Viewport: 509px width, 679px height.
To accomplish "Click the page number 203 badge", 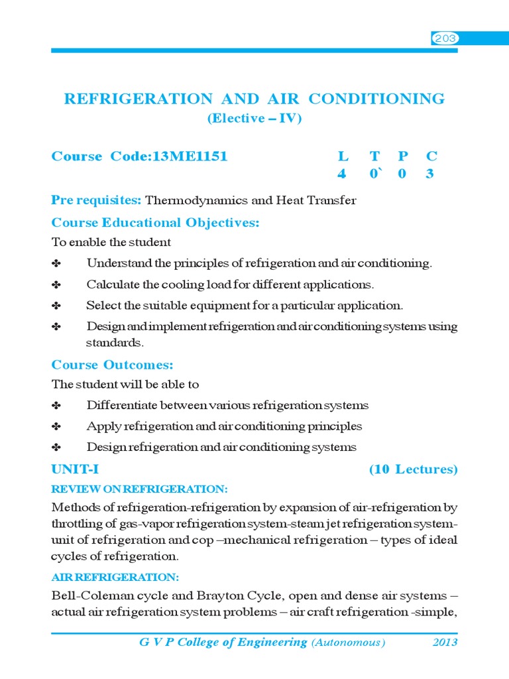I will click(x=445, y=39).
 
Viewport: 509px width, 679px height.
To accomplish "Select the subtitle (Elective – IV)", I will click(x=254, y=119).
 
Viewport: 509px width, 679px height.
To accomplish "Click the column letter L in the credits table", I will click(x=343, y=156).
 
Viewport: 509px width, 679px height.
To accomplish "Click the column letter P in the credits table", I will click(x=403, y=156).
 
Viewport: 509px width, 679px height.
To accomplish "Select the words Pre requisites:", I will click(x=96, y=200).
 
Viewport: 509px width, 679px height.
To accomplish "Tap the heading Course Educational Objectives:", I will click(x=155, y=223).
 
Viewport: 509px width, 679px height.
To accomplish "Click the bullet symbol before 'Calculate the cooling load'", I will click(x=56, y=285).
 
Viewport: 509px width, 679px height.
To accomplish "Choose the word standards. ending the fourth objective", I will click(x=114, y=343).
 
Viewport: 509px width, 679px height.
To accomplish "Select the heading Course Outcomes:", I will click(x=112, y=365).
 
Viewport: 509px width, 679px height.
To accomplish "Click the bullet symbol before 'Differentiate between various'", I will click(x=56, y=406).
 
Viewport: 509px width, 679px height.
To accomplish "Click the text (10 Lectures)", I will click(x=413, y=469).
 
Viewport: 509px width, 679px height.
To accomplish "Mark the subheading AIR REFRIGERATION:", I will click(x=115, y=577).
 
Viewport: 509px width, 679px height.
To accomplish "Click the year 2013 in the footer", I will click(x=445, y=643).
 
